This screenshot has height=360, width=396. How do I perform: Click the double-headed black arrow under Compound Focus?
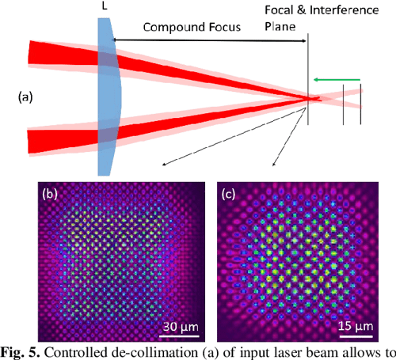coord(211,39)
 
